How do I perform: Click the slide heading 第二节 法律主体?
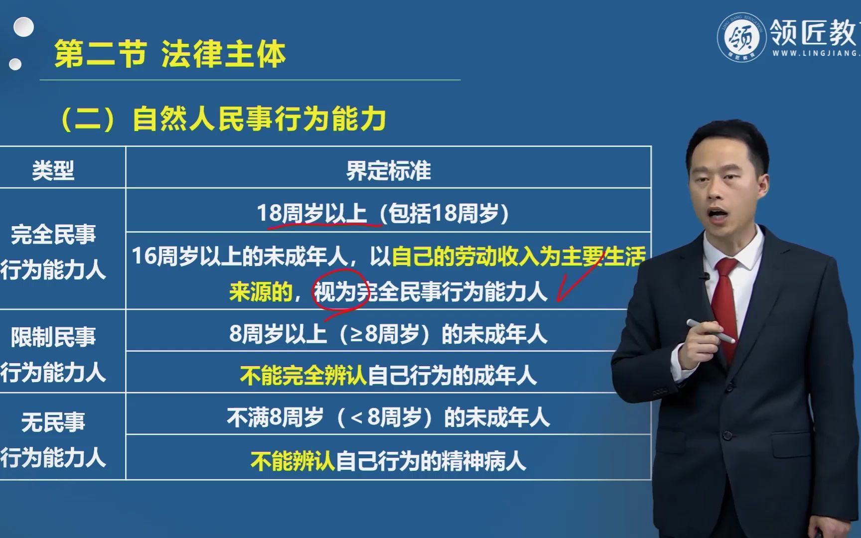pos(170,54)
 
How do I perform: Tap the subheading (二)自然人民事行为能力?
pos(223,120)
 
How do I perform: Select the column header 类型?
pos(53,171)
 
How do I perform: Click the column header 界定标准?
pos(388,171)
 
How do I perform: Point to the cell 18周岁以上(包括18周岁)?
pos(383,214)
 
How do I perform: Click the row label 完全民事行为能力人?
pos(53,252)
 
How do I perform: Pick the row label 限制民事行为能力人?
pos(53,354)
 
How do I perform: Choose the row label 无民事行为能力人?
pos(53,440)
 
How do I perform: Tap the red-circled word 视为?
pos(335,292)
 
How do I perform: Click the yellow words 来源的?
pos(260,292)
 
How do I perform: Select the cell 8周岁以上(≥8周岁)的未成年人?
pos(388,334)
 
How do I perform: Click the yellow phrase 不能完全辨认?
pos(303,376)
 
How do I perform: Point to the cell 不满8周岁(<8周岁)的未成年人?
pos(388,417)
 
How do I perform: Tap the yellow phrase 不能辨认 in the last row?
pos(292,461)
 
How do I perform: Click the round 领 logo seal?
pos(742,37)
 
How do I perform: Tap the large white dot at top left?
pos(23,27)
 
